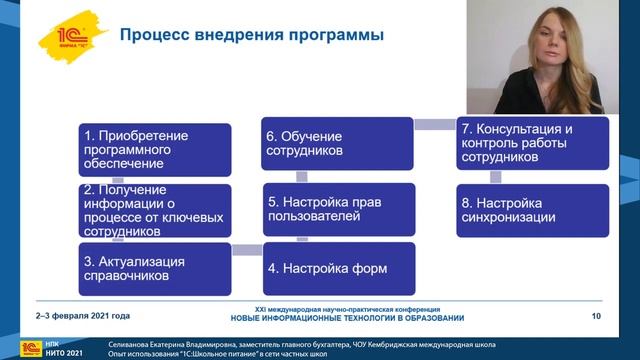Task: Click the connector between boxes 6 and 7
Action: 436,124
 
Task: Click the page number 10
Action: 596,317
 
